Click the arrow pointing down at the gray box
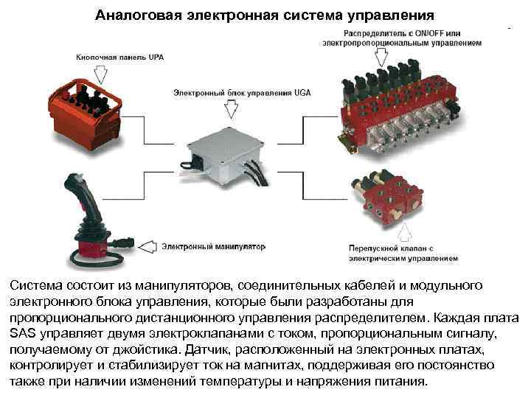click(230, 110)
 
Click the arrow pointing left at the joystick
click(145, 245)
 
